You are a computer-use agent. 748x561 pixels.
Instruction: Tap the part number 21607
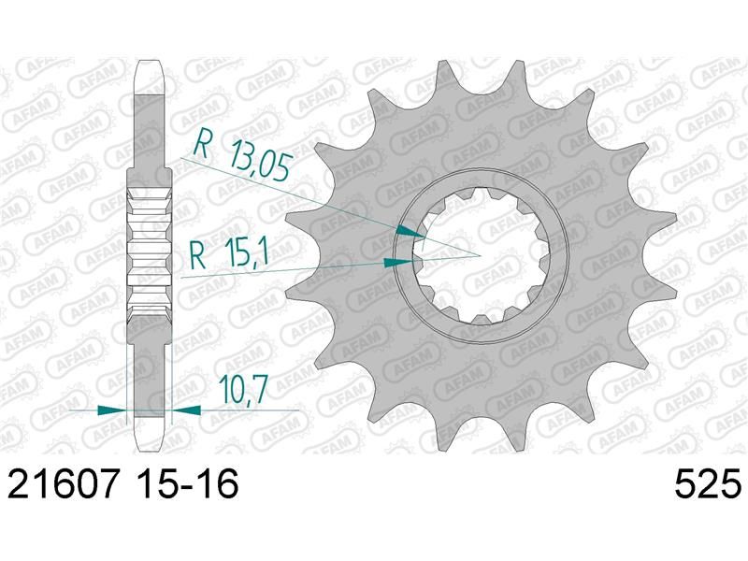63,483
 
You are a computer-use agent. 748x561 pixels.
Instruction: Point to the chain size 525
708,483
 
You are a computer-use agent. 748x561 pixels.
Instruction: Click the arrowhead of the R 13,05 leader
410,232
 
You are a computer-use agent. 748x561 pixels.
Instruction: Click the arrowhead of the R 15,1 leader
399,262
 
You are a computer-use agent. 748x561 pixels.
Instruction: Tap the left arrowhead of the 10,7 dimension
112,410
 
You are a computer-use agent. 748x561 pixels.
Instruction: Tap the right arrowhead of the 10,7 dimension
186,410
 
